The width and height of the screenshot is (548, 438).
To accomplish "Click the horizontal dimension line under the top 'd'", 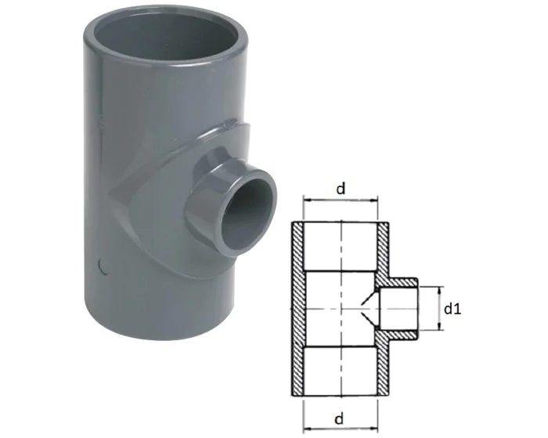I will tap(341, 202).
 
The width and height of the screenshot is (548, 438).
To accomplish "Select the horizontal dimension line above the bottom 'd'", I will tap(341, 407).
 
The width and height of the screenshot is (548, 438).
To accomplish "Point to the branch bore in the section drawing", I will tap(399, 309).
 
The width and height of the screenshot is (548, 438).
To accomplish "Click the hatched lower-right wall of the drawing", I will tap(384, 368).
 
